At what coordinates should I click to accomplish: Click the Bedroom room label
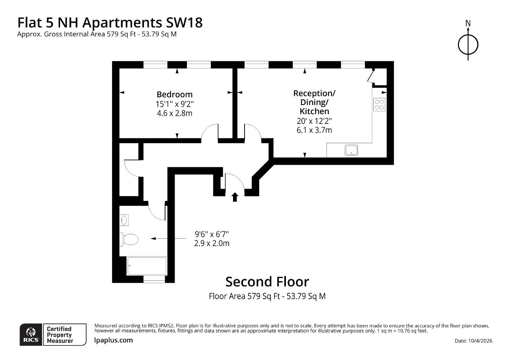pyautogui.click(x=175, y=94)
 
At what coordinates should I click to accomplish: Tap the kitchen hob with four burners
pyautogui.click(x=379, y=105)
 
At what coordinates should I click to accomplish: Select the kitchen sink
pyautogui.click(x=351, y=150)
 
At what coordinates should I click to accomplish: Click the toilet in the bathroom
pyautogui.click(x=129, y=239)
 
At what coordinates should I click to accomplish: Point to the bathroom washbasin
pyautogui.click(x=124, y=220)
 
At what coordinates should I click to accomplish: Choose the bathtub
pyautogui.click(x=147, y=266)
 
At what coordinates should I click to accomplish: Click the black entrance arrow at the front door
pyautogui.click(x=235, y=197)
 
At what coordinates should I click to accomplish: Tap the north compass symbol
pyautogui.click(x=468, y=42)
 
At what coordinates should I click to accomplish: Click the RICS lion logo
pyautogui.click(x=31, y=335)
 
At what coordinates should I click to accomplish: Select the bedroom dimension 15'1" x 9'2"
pyautogui.click(x=175, y=104)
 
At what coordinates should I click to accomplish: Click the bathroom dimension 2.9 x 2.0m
pyautogui.click(x=212, y=243)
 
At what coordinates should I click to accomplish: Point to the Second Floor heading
pyautogui.click(x=267, y=282)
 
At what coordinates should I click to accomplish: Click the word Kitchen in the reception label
pyautogui.click(x=314, y=111)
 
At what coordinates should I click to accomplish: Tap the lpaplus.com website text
pyautogui.click(x=113, y=340)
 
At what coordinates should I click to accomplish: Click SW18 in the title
pyautogui.click(x=184, y=23)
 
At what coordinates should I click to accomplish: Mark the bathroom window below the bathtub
pyautogui.click(x=154, y=279)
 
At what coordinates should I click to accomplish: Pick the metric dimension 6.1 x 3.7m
pyautogui.click(x=314, y=130)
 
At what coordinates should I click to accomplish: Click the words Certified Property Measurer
pyautogui.click(x=60, y=335)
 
